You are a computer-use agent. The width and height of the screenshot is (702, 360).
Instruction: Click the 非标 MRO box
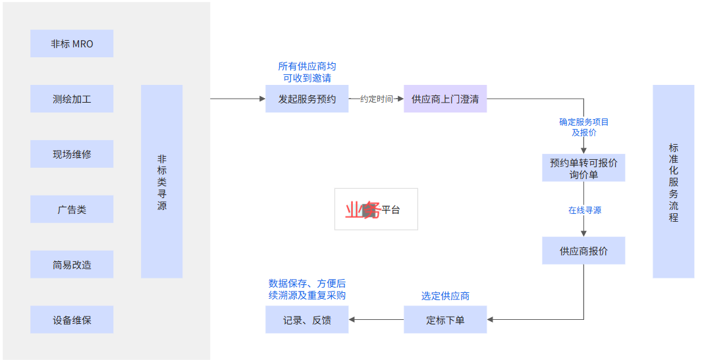(72, 43)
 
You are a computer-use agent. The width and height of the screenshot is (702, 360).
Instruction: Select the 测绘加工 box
(72, 99)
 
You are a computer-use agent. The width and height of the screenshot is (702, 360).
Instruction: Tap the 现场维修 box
(72, 154)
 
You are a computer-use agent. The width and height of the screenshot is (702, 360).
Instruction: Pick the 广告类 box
(72, 209)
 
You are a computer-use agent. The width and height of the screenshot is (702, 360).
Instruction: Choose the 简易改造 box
(72, 265)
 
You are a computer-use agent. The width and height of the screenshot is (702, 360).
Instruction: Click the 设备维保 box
(72, 320)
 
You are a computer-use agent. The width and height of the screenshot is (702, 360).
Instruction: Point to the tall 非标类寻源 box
(161, 182)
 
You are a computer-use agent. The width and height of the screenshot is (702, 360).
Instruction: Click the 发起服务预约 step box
(307, 99)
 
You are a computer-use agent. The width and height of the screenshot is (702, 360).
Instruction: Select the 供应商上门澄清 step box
(445, 99)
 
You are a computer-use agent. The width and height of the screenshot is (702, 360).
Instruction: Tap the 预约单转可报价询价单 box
(583, 168)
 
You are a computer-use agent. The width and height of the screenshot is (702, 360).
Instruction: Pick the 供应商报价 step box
(583, 251)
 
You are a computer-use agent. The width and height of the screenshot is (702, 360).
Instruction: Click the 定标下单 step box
(445, 320)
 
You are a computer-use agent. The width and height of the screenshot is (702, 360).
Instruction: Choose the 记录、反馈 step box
(307, 320)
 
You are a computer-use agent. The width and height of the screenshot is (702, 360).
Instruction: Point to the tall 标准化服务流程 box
(673, 182)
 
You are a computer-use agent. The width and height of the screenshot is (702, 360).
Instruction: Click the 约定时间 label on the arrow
(376, 99)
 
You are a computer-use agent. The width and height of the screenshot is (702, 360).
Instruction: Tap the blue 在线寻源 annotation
(584, 210)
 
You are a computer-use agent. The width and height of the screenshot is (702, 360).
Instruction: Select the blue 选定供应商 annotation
(445, 296)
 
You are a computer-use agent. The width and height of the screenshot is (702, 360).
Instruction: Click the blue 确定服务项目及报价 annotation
(584, 127)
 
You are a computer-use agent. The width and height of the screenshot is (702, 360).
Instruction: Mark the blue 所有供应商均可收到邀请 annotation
(307, 72)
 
